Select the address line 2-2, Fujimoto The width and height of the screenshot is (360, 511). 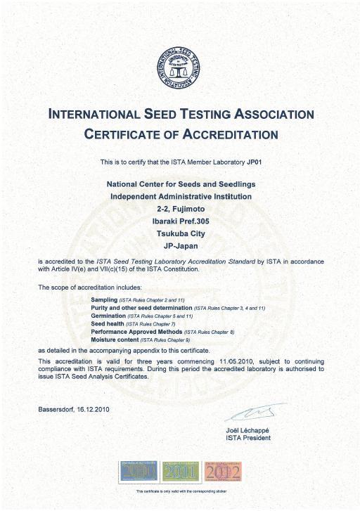point(180,209)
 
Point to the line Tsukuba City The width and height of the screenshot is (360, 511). point(180,234)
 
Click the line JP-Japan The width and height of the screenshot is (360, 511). point(180,247)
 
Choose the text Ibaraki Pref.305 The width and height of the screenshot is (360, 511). point(180,221)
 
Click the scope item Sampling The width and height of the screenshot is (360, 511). point(104,299)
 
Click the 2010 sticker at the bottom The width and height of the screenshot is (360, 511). point(141,471)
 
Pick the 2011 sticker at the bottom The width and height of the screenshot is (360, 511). point(181,471)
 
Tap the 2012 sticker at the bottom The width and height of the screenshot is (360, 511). point(222,471)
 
